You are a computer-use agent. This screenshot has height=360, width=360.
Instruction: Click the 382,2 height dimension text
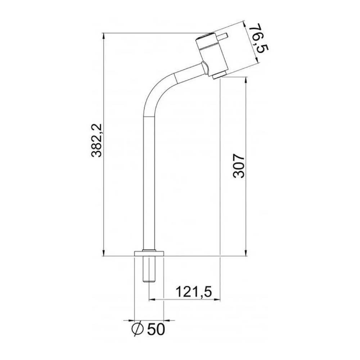(97, 140)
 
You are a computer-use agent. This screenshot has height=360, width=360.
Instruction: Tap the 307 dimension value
(239, 166)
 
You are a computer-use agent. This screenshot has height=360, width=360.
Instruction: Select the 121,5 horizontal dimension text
(193, 291)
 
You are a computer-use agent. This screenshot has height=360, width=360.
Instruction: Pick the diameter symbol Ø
(138, 328)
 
